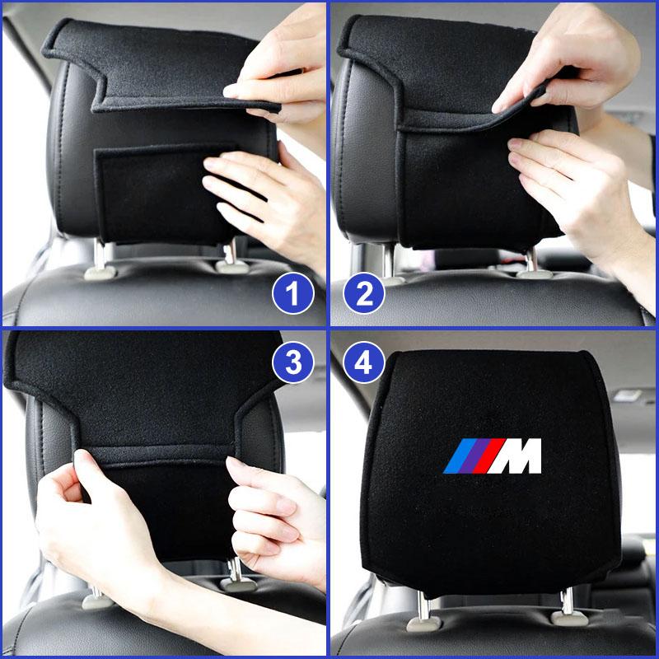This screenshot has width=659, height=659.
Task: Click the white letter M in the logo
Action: [x=518, y=456]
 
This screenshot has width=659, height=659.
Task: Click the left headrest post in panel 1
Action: [x=100, y=256]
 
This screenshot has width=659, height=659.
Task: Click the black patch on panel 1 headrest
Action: [x=148, y=194]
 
